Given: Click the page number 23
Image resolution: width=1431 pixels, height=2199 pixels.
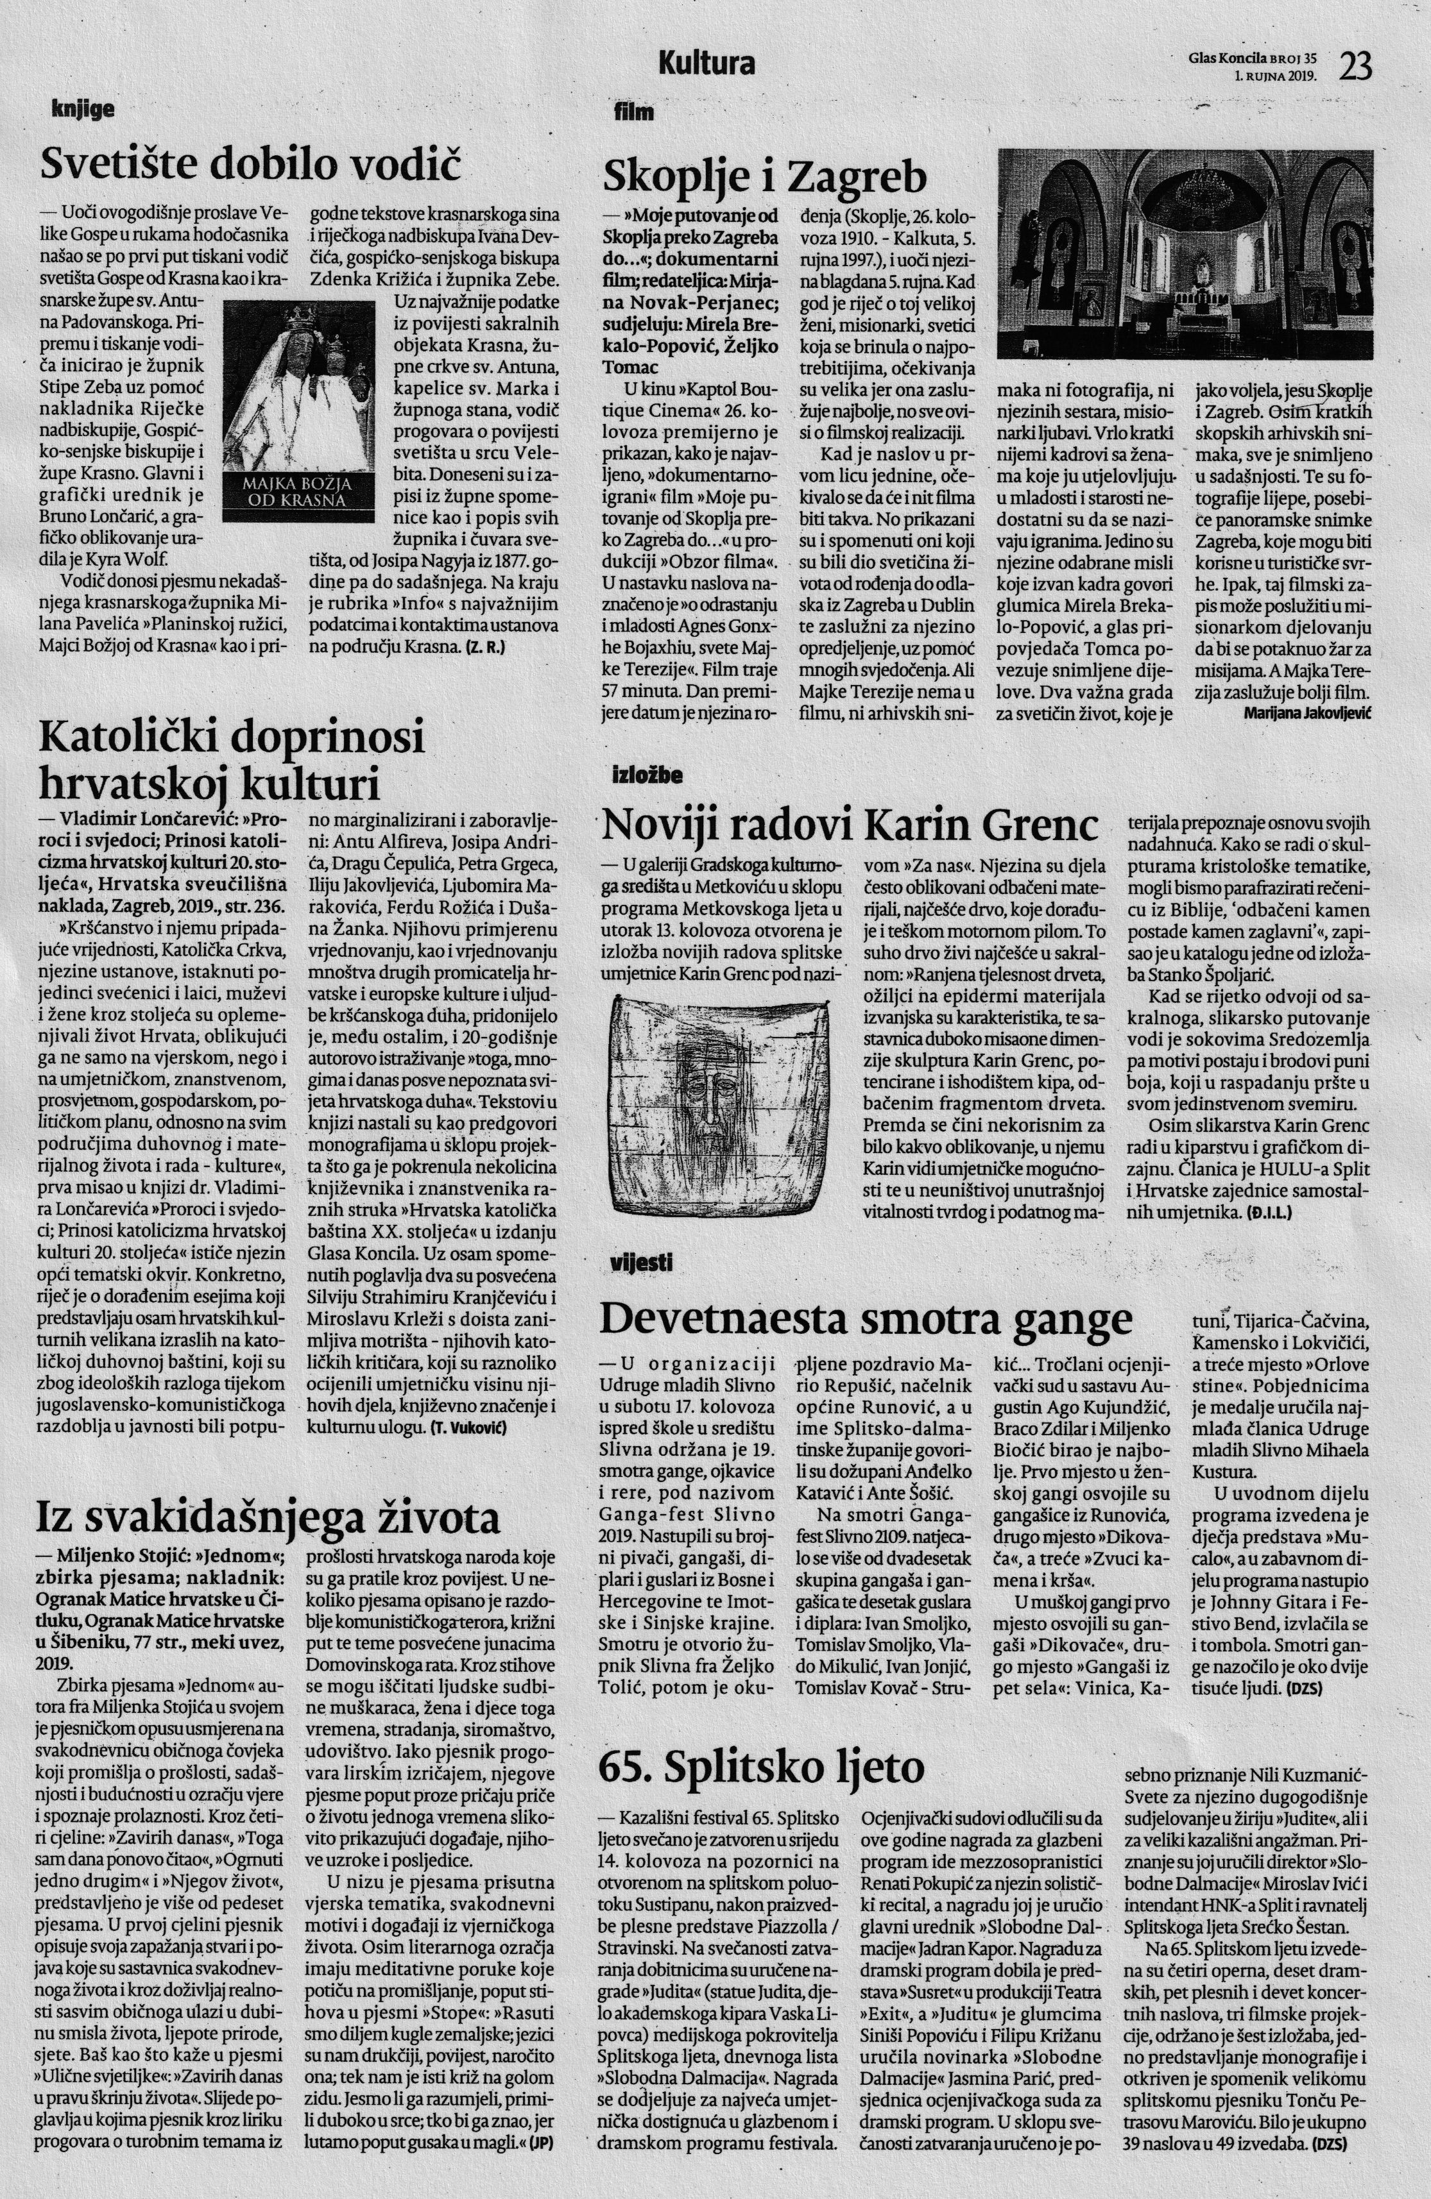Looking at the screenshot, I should (1356, 67).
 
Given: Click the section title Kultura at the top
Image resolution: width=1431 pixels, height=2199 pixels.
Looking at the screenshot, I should (707, 63).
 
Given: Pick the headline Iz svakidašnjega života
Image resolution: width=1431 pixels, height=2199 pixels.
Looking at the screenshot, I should (268, 1517).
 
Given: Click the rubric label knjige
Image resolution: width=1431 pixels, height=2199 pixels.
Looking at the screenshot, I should (83, 110).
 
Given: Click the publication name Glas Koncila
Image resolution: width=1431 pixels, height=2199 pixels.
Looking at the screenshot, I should (1234, 56).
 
